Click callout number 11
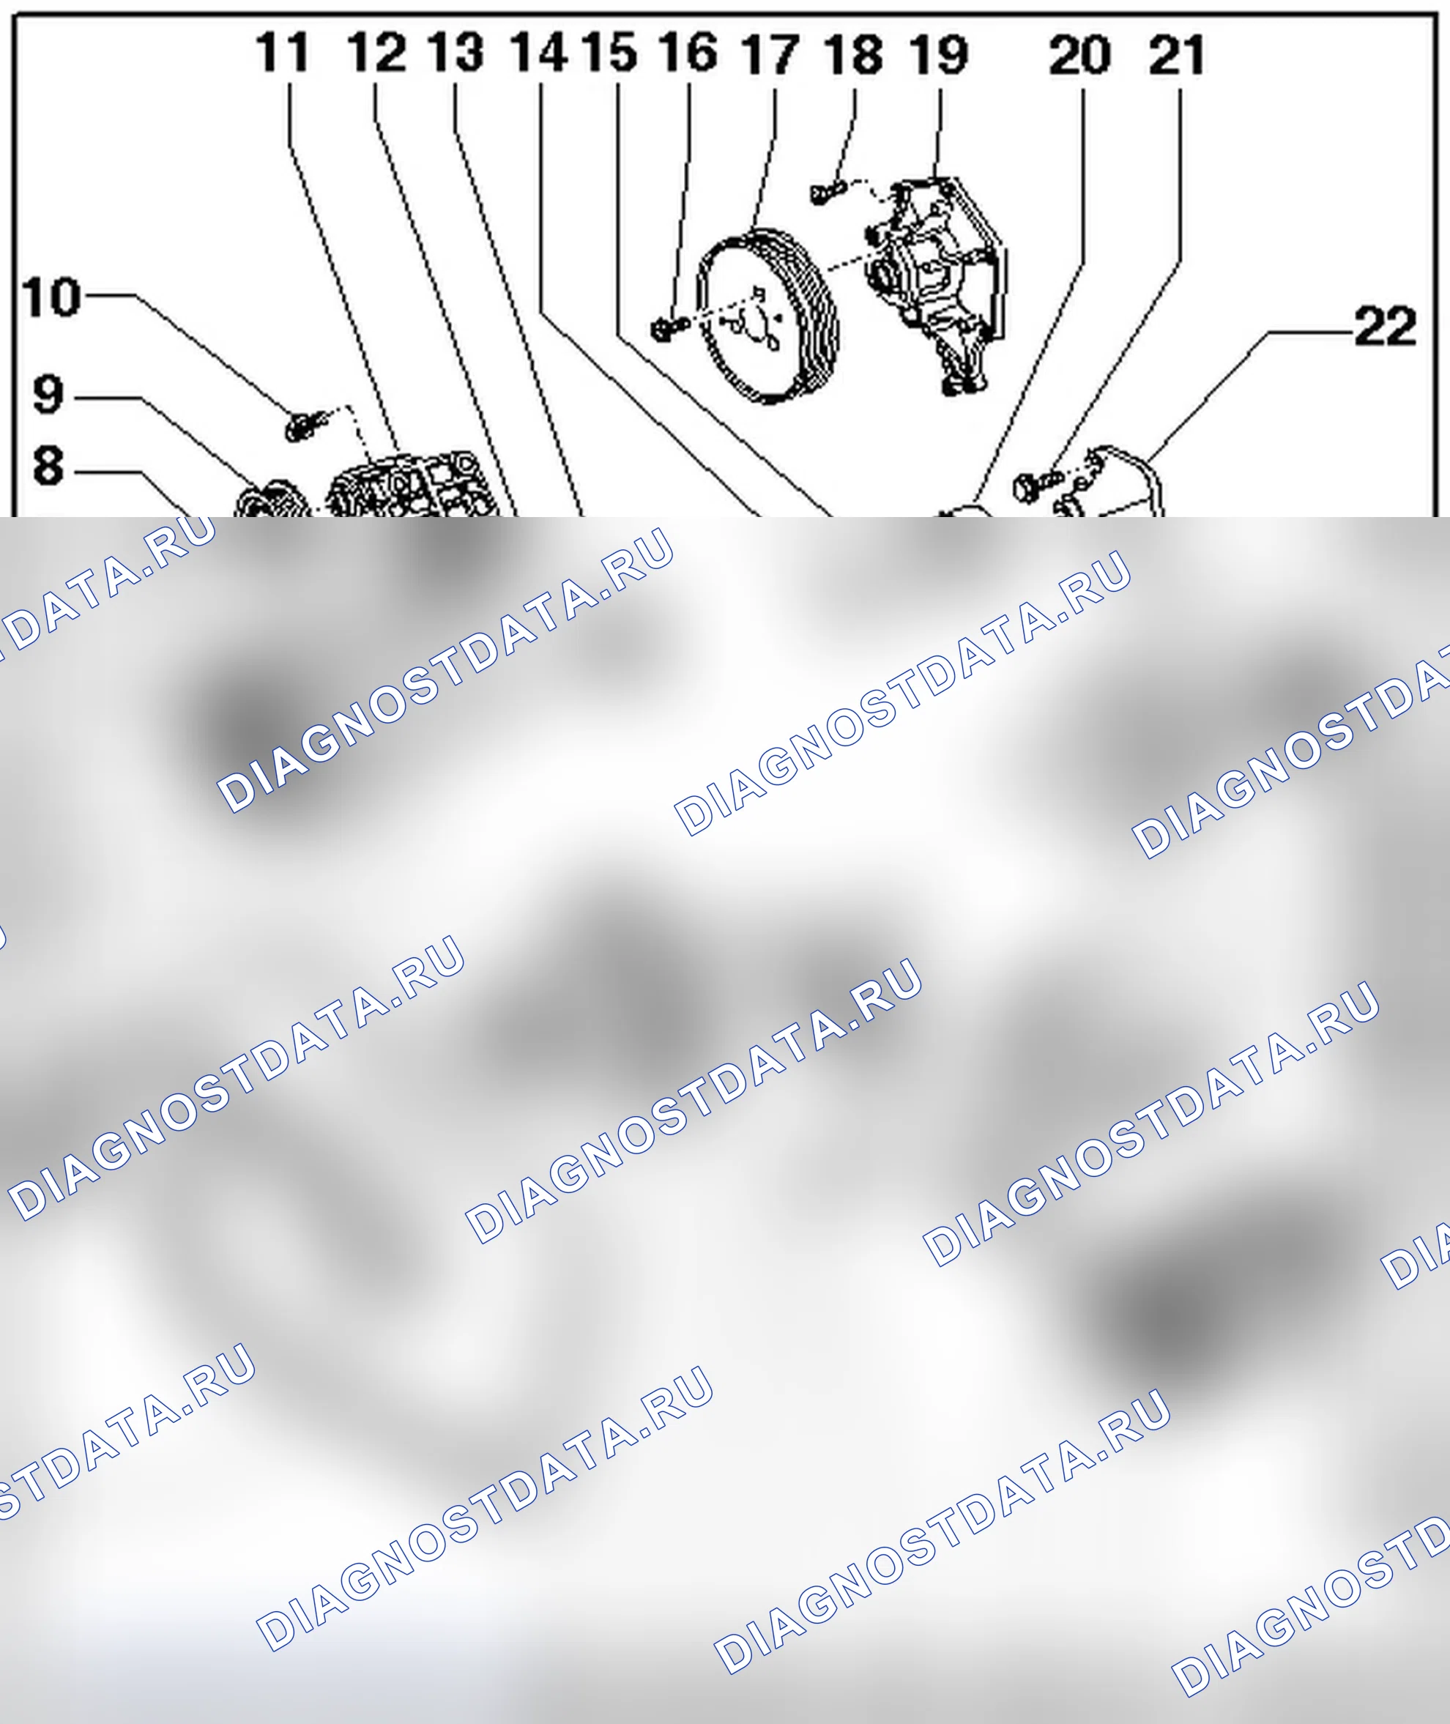click(x=282, y=52)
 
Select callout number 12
click(x=376, y=52)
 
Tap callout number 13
click(x=456, y=52)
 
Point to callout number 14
click(x=538, y=52)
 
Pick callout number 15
click(x=609, y=52)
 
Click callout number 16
click(x=688, y=52)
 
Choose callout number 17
click(x=770, y=54)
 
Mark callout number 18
click(x=854, y=54)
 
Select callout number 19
click(x=939, y=54)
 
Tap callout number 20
click(x=1080, y=55)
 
